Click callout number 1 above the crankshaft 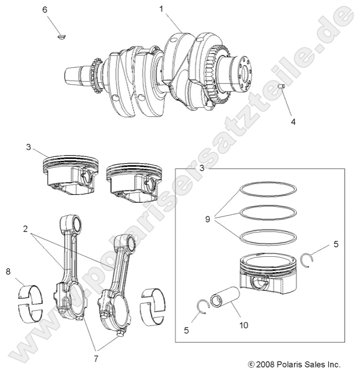pyautogui.click(x=161, y=9)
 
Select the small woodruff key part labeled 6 pyautogui.click(x=62, y=36)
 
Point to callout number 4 pyautogui.click(x=293, y=121)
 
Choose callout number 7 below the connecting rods pyautogui.click(x=96, y=357)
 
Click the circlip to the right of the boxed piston pyautogui.click(x=309, y=259)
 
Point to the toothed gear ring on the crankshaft pyautogui.click(x=218, y=74)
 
